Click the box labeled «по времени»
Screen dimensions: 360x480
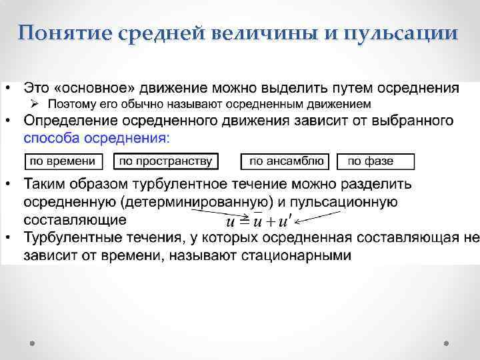point(64,161)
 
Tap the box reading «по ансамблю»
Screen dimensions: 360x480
point(286,161)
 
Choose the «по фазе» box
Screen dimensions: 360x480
point(375,161)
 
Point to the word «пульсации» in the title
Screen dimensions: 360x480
point(401,33)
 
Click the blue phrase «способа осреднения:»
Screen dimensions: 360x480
point(97,137)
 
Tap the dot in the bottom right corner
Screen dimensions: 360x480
point(446,343)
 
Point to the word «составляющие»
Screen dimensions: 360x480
point(75,219)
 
